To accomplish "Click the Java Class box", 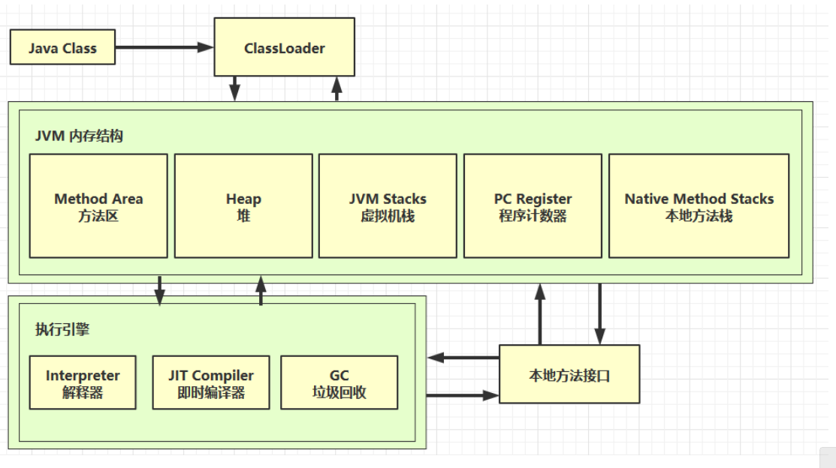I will click(x=62, y=47).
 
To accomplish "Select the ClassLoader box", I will click(x=285, y=48).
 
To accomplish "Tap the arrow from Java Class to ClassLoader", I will click(x=164, y=47).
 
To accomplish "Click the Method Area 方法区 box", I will click(x=98, y=206).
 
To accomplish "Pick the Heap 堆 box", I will click(x=243, y=206).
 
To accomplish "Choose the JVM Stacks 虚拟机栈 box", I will click(x=388, y=206).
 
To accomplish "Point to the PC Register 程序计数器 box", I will click(x=533, y=206).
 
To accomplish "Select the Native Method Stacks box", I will click(x=699, y=206).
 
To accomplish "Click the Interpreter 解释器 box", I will click(x=83, y=382).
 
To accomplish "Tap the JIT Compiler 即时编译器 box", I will click(x=211, y=382).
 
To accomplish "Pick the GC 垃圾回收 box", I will click(x=339, y=382).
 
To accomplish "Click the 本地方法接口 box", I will click(x=569, y=374).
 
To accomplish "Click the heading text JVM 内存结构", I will click(x=80, y=137).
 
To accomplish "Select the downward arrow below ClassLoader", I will click(x=235, y=88).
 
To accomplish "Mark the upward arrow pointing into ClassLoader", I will click(x=337, y=88).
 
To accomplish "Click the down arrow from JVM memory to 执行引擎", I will click(x=160, y=290).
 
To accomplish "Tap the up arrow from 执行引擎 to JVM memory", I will click(x=261, y=290).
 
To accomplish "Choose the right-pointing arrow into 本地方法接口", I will click(x=463, y=394).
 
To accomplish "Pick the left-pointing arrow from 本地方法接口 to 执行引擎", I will click(x=463, y=358).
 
